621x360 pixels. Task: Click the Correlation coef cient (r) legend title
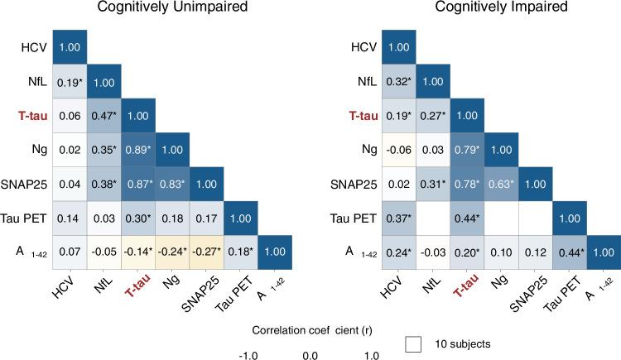click(x=310, y=328)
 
